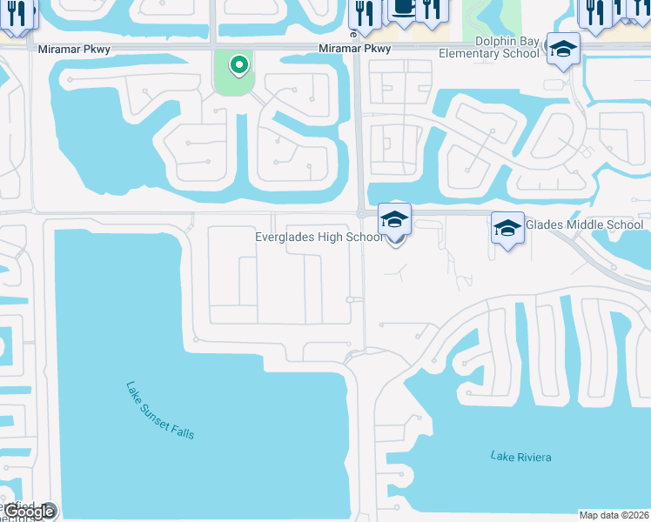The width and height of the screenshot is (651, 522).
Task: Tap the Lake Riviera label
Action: point(520,457)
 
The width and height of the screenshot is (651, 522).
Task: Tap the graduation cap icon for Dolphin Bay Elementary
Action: point(562,49)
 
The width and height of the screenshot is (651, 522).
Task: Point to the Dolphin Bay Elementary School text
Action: point(507,47)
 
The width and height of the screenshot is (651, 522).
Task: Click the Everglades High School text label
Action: point(319,237)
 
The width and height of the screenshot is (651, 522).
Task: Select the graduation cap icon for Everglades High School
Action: point(394,218)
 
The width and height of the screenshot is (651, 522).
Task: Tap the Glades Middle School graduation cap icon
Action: point(507,227)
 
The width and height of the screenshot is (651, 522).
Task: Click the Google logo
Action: point(30,512)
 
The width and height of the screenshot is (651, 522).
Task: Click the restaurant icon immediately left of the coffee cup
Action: point(364,11)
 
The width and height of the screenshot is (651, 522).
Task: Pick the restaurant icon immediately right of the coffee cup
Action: point(432,8)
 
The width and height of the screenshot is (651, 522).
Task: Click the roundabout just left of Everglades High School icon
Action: point(360,213)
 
